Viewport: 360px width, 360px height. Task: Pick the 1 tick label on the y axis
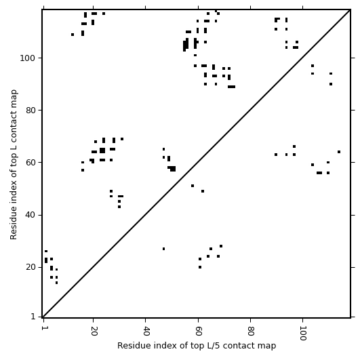coord(33,317)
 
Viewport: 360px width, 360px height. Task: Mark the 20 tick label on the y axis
coord(31,267)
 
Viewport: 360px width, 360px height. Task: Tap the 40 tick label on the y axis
coord(31,215)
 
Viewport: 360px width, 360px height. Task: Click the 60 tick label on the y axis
coord(31,162)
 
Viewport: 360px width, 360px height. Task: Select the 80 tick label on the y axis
coord(31,111)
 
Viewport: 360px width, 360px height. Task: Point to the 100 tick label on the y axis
coord(28,58)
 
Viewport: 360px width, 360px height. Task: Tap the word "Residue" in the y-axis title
coord(14,226)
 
